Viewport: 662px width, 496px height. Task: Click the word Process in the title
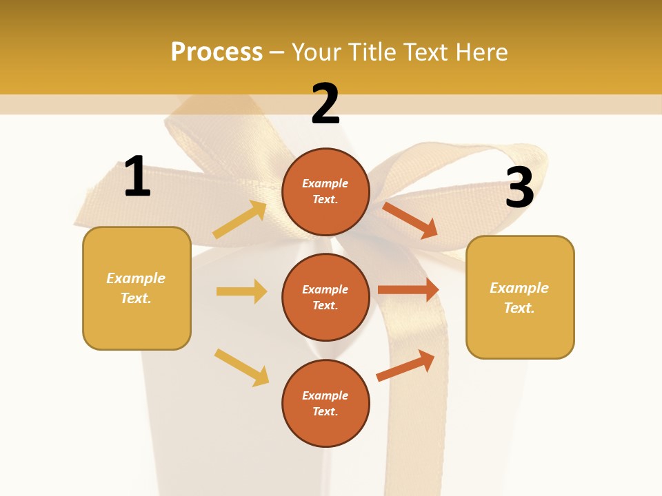coord(217,52)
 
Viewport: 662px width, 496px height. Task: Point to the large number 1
coord(137,177)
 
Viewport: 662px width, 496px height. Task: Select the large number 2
coord(325,104)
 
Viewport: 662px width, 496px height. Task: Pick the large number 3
coord(519,187)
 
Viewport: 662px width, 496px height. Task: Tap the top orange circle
coord(325,192)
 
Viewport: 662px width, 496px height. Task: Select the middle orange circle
coord(325,297)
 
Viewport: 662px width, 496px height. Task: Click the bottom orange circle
coord(325,403)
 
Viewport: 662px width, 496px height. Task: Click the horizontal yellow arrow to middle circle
coord(241,291)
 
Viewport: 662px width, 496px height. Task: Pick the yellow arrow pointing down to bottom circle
coord(241,367)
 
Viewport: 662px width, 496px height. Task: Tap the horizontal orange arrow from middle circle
coord(408,290)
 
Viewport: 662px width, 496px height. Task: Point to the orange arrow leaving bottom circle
coord(405,366)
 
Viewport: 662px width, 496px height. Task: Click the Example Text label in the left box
coord(136,288)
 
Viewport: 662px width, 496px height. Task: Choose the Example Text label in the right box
coord(519,298)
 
